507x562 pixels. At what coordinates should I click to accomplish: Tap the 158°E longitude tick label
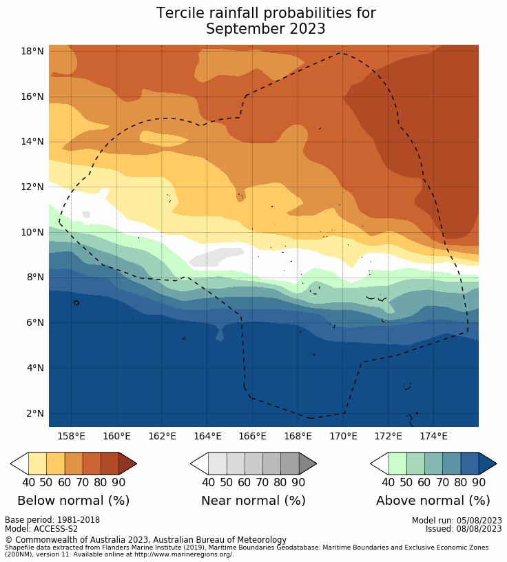click(71, 436)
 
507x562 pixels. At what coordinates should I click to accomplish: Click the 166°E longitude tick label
click(252, 436)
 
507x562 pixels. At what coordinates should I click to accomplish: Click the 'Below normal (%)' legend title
click(73, 501)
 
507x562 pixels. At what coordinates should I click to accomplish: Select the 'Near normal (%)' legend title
click(253, 501)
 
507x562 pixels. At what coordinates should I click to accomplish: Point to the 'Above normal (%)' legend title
click(433, 501)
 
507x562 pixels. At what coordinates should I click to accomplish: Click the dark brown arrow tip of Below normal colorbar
click(128, 464)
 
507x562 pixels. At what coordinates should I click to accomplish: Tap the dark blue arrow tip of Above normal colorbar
click(488, 464)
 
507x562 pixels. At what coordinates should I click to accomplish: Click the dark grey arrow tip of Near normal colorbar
click(308, 464)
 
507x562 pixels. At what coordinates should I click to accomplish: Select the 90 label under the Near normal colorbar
click(298, 482)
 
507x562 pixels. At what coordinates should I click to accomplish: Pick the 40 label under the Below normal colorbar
click(29, 482)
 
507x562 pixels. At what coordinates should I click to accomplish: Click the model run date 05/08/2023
click(479, 521)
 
